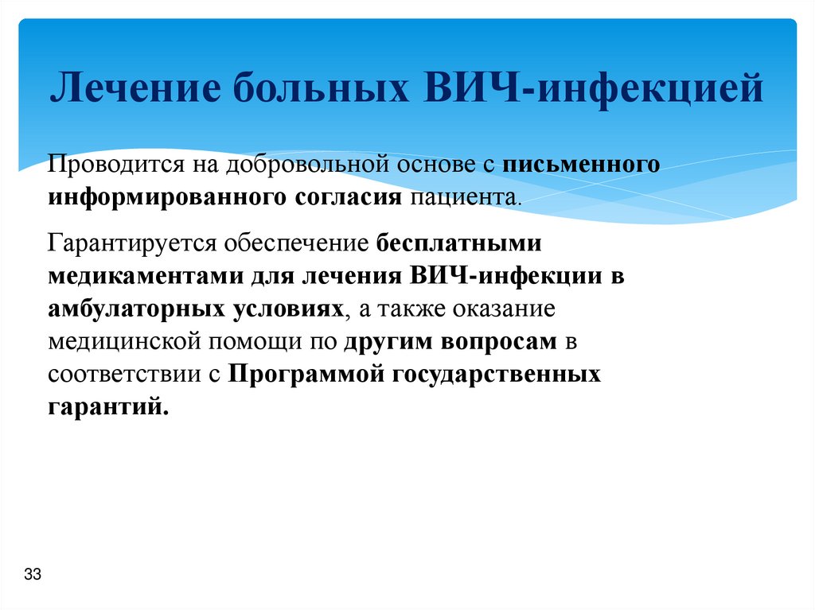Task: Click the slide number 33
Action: [33, 575]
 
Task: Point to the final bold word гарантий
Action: [108, 406]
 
